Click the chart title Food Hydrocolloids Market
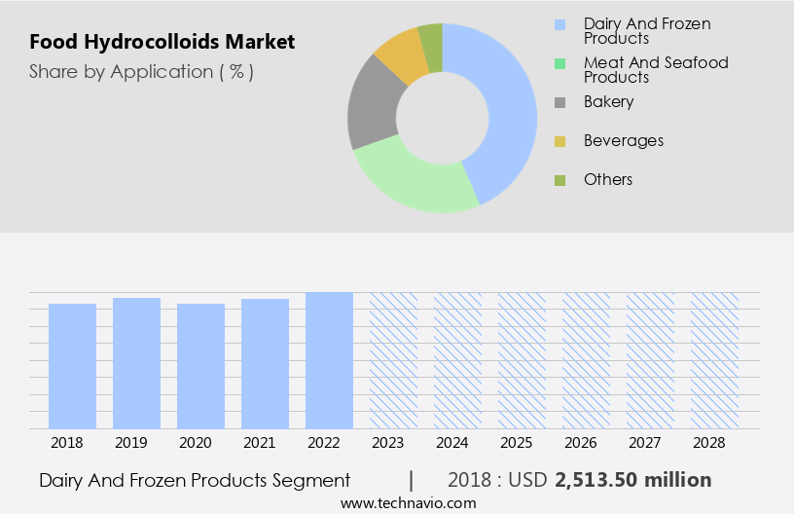pyautogui.click(x=162, y=43)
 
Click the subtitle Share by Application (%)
pyautogui.click(x=141, y=72)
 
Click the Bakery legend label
pyautogui.click(x=608, y=102)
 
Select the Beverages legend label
pyautogui.click(x=623, y=141)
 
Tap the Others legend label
pyautogui.click(x=607, y=180)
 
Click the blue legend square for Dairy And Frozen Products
pyautogui.click(x=559, y=24)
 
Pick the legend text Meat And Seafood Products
pyautogui.click(x=655, y=70)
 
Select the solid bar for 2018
pyautogui.click(x=73, y=365)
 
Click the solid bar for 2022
pyautogui.click(x=329, y=360)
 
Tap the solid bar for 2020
pyautogui.click(x=201, y=365)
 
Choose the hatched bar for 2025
pyautogui.click(x=522, y=360)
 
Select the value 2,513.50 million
pyautogui.click(x=632, y=480)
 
